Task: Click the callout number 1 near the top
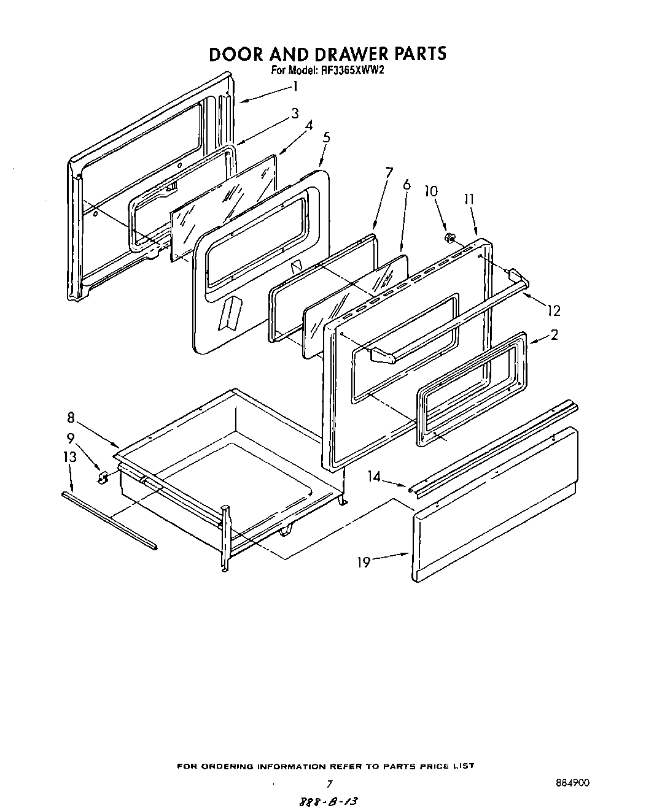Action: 295,86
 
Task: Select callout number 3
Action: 295,113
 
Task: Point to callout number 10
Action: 431,191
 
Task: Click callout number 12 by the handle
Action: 554,311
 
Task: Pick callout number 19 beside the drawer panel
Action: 364,561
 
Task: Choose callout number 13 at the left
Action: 70,456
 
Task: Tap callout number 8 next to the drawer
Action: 71,418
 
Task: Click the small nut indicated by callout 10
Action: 448,237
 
